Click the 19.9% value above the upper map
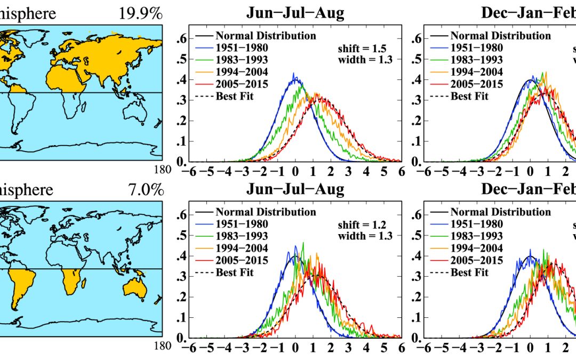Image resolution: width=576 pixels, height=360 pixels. point(141,13)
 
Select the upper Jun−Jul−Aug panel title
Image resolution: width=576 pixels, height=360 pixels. point(295,13)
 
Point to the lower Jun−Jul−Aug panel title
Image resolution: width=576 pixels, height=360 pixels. point(295,189)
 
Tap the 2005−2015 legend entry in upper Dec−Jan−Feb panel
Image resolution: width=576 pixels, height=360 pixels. point(477,84)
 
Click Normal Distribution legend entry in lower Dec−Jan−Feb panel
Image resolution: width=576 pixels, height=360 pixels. point(501,212)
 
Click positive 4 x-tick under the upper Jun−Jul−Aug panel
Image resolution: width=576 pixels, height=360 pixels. point(366,172)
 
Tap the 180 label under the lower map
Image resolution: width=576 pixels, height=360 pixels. point(164,346)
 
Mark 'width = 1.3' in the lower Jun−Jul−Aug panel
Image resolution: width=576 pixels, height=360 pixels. point(365,236)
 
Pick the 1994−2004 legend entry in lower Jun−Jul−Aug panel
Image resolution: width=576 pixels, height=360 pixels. point(242,249)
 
